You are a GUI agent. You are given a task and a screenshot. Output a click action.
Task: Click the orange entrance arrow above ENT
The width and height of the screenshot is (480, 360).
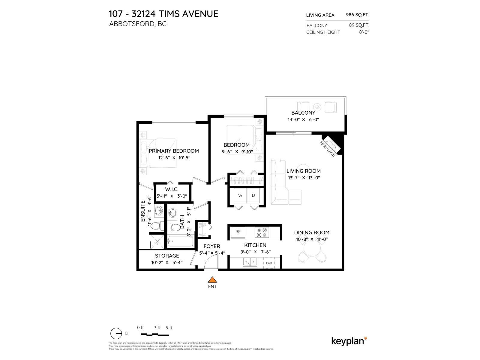212,280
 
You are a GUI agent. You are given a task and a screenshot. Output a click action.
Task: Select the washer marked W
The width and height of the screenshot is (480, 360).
240,196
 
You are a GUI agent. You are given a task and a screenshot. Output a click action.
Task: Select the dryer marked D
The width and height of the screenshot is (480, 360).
253,196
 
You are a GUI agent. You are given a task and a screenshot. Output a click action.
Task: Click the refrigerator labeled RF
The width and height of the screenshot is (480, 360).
238,232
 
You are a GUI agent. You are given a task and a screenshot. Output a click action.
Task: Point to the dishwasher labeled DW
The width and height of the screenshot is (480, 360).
269,263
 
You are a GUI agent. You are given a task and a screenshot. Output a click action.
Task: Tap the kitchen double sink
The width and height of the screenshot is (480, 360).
250,262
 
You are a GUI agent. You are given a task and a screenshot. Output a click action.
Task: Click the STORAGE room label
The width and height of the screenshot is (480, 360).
167,256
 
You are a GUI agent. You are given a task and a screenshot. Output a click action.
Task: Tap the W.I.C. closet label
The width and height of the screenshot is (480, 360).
172,190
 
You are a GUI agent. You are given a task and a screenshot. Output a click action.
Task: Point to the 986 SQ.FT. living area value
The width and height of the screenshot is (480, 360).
358,15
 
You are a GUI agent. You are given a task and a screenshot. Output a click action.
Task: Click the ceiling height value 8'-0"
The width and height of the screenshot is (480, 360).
364,32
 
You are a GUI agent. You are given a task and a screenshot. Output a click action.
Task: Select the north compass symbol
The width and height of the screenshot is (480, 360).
116,334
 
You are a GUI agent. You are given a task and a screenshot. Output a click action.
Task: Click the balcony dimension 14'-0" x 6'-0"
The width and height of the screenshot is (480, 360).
303,119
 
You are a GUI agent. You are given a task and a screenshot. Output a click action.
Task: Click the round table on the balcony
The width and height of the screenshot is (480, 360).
317,107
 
